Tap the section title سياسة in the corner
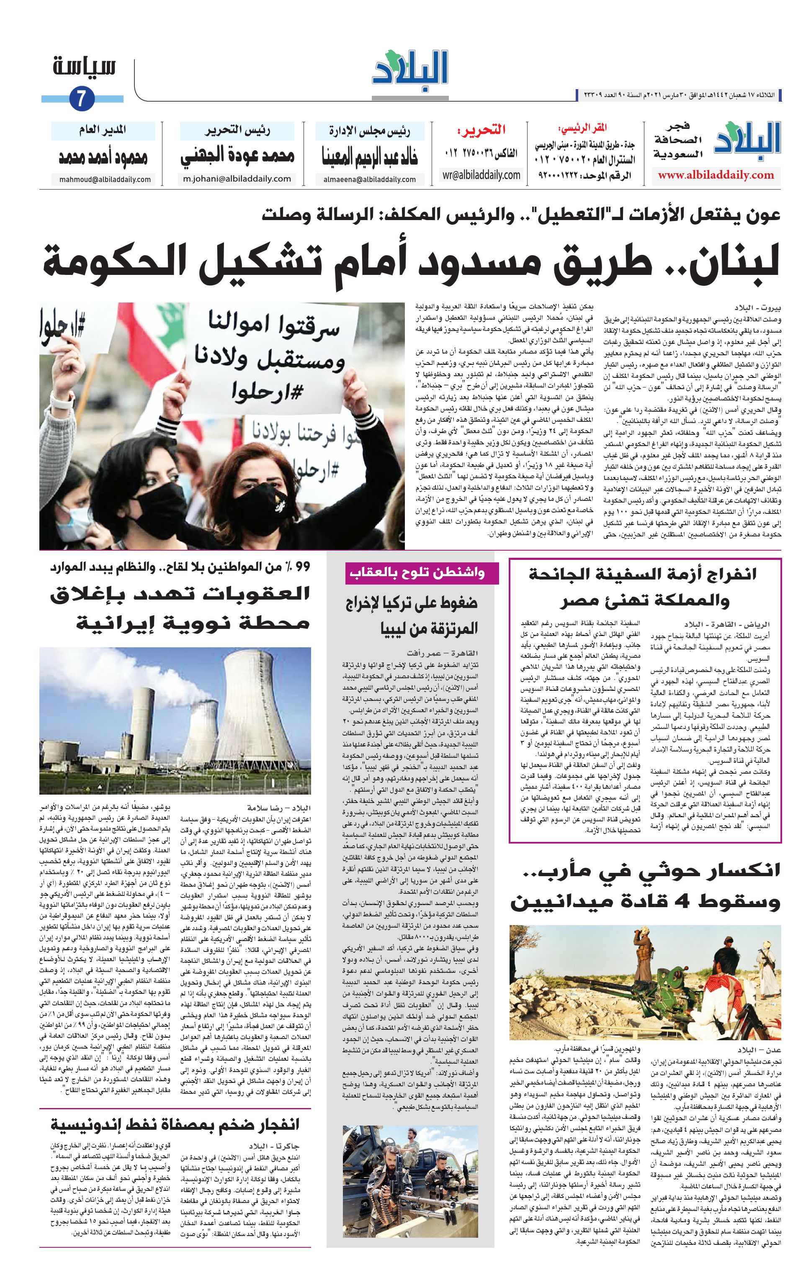(85, 68)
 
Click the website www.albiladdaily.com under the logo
(716, 175)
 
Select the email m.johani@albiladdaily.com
(237, 179)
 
